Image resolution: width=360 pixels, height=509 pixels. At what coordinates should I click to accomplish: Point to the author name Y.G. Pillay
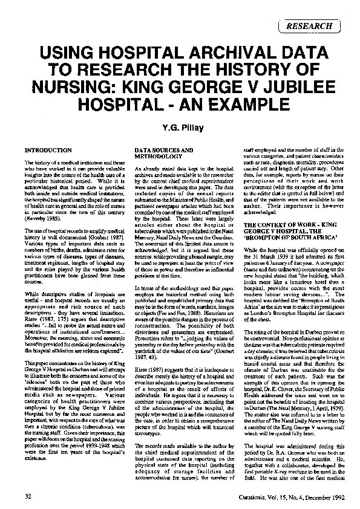180,126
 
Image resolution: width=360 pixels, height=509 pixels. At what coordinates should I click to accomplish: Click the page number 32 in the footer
28,496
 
